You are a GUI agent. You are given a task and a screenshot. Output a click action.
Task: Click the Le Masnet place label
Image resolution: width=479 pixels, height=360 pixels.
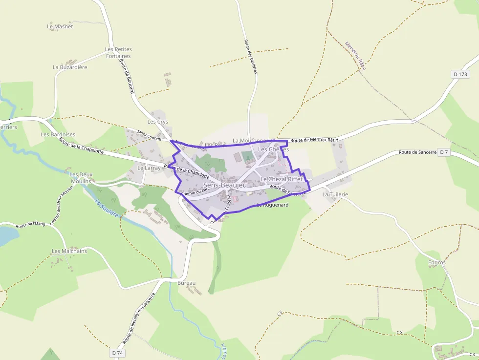point(60,26)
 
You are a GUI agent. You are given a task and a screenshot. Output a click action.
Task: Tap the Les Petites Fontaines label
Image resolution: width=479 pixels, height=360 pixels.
point(118,53)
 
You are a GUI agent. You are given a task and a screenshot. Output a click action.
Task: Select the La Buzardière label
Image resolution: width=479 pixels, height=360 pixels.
point(70,67)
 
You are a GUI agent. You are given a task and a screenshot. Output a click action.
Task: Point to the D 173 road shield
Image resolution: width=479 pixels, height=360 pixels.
point(460,74)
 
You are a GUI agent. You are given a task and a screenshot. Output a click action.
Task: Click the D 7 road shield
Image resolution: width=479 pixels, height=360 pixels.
point(443,152)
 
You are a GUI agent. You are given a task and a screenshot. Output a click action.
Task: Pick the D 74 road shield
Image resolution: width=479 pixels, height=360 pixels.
point(117,353)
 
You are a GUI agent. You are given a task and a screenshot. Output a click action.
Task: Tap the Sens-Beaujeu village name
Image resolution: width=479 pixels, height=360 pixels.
point(225,185)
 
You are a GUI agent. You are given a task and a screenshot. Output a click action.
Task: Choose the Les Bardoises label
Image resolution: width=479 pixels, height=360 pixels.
point(58,134)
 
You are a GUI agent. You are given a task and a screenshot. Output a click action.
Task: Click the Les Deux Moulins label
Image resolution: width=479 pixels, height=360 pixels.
point(81,178)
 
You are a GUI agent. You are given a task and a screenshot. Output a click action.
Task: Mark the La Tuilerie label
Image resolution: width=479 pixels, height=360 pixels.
point(335,194)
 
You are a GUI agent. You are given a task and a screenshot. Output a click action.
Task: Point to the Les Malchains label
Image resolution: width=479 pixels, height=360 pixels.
point(69,251)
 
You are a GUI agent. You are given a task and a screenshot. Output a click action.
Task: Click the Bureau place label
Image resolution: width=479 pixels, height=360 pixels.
point(186,283)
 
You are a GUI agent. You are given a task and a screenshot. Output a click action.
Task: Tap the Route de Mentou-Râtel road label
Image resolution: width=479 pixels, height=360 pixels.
point(314,140)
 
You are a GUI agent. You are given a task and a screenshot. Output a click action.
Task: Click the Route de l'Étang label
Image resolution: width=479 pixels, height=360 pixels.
point(30,225)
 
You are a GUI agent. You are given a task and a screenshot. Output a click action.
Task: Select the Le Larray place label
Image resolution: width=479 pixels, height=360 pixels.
point(149,168)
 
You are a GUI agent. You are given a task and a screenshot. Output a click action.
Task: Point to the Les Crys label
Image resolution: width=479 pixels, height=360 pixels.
point(157,122)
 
